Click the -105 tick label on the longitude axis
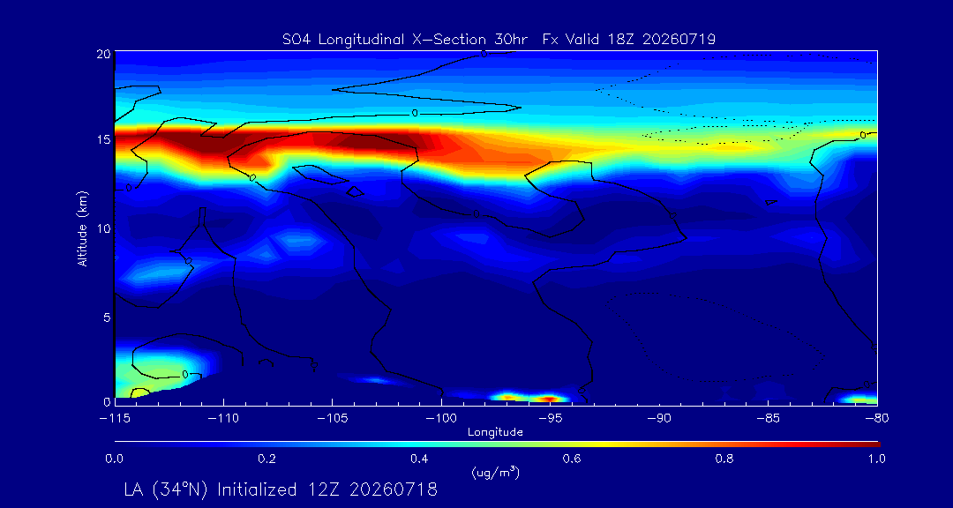tap(332, 419)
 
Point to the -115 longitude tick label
tap(114, 419)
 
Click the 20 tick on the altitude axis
tap(102, 54)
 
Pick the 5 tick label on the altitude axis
tap(106, 317)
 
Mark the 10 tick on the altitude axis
tap(102, 228)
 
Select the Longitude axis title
tap(495, 433)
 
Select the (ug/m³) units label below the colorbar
tap(495, 472)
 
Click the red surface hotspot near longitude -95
tap(548, 399)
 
